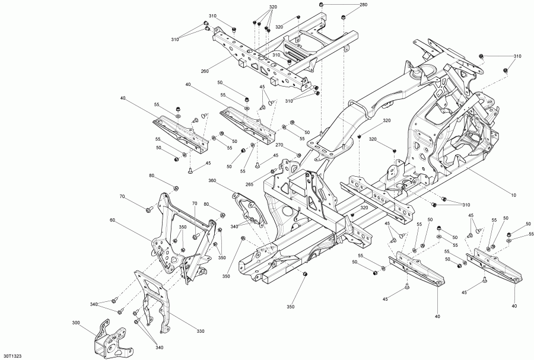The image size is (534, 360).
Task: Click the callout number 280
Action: (363, 5)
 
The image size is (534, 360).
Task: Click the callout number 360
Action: (212, 181)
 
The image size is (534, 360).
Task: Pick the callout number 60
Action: (112, 219)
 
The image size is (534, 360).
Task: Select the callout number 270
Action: (278, 145)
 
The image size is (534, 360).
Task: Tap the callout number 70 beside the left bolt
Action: (122, 196)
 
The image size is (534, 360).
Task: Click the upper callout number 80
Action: (151, 176)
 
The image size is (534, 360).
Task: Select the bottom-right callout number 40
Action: (514, 305)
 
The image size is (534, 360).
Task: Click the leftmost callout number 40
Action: (123, 98)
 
